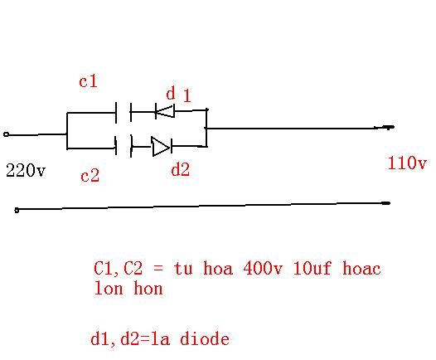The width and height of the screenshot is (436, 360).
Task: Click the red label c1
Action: [88, 81]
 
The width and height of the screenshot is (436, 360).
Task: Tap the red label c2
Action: [90, 176]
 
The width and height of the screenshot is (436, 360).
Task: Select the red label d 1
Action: [178, 94]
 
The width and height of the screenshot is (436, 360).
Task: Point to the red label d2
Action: [181, 169]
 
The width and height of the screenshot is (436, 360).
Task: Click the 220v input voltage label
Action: [26, 170]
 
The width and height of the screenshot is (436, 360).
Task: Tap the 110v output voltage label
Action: [407, 163]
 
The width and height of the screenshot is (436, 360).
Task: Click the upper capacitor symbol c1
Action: [124, 112]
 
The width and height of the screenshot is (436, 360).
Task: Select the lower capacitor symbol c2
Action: [124, 146]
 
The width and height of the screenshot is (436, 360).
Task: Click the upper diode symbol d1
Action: [165, 111]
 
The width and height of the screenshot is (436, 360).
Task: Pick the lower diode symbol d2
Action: [162, 146]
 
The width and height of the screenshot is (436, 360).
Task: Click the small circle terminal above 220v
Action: [6, 134]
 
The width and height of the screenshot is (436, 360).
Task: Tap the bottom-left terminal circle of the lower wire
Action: [17, 211]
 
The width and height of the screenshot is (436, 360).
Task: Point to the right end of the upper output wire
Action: [393, 127]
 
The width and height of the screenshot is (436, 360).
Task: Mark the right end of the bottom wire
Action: [390, 203]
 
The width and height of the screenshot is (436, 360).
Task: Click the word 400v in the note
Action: [263, 268]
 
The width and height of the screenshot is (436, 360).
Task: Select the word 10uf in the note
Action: [312, 268]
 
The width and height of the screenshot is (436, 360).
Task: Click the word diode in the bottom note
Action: [205, 338]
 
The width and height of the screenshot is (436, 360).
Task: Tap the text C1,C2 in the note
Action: [119, 269]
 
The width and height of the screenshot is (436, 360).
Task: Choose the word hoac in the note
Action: [361, 268]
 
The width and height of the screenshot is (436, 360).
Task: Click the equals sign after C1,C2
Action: [158, 269]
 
